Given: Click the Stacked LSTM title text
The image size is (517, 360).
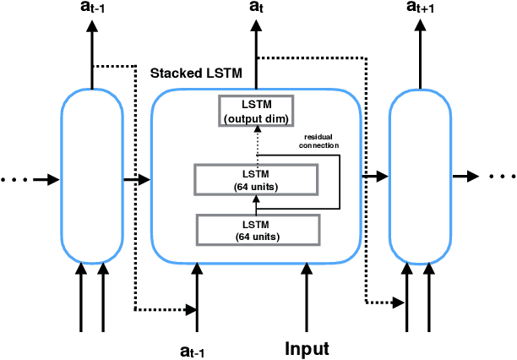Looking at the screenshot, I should coord(196,74).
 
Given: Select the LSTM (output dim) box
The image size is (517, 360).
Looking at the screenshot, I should coord(257,111).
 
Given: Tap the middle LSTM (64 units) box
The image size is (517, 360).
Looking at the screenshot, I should coord(257,178).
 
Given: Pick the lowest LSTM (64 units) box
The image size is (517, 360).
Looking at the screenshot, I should coord(258,230).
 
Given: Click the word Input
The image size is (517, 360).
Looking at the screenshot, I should coord(307,348).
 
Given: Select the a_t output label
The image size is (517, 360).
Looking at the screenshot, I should coord(256,8).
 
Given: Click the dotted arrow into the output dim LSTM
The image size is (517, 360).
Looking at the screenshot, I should coord(257,145).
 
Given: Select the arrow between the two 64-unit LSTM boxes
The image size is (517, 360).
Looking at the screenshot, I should coord(257,205).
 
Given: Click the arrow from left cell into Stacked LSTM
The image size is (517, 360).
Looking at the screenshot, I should coord(136,179).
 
